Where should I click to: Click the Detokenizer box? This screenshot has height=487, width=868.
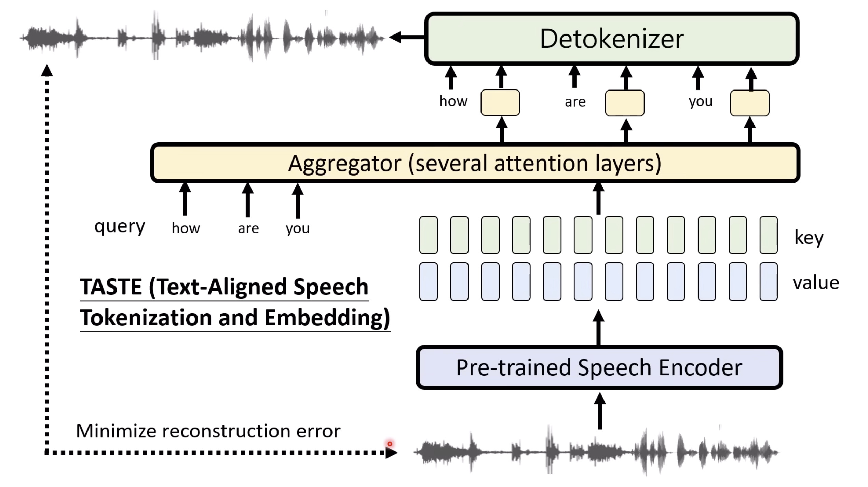point(611,39)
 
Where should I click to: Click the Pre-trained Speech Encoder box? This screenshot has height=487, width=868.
point(599,367)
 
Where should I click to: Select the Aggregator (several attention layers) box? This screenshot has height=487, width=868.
point(475,163)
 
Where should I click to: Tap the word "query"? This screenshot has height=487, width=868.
point(120,226)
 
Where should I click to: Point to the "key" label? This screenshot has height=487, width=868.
point(809,237)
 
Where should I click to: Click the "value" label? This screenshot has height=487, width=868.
point(816,283)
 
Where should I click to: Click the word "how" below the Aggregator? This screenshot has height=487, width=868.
point(186,228)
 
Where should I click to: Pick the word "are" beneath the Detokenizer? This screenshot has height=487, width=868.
point(575,102)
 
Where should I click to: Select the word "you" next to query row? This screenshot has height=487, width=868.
point(298,228)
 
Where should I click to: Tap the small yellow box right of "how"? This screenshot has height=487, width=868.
point(500,102)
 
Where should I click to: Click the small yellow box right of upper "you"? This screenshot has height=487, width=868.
point(750,103)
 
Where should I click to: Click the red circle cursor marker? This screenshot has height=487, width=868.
point(390,444)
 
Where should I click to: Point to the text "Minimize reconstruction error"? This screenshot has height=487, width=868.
point(208,431)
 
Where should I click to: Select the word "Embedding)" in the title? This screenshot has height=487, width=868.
point(327,318)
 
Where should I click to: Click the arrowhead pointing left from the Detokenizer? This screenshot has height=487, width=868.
point(396,37)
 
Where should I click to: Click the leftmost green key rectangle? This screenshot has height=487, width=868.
point(429,235)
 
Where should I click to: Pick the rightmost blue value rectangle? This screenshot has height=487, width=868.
point(769,281)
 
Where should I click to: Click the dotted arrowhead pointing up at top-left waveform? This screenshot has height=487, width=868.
point(47,71)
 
